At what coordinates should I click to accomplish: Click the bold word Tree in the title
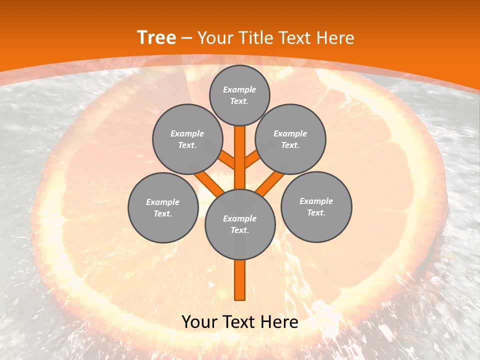coord(156,38)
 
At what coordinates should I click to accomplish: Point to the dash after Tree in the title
coord(186,38)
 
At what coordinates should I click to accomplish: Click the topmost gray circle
coord(239,95)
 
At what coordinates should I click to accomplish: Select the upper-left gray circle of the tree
coord(187,139)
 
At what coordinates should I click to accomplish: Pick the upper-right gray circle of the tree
coord(290,139)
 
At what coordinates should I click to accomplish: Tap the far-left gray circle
coord(163,207)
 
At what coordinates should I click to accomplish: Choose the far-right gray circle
coord(316,206)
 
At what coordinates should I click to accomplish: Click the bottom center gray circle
coord(240,224)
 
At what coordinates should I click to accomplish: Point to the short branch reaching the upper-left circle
coord(227,159)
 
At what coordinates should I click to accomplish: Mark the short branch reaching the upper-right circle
coord(252,159)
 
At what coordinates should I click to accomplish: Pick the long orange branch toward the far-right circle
coord(270,183)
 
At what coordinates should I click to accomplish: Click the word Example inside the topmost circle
coord(239,89)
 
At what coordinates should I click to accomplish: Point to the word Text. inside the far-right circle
coord(316,212)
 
